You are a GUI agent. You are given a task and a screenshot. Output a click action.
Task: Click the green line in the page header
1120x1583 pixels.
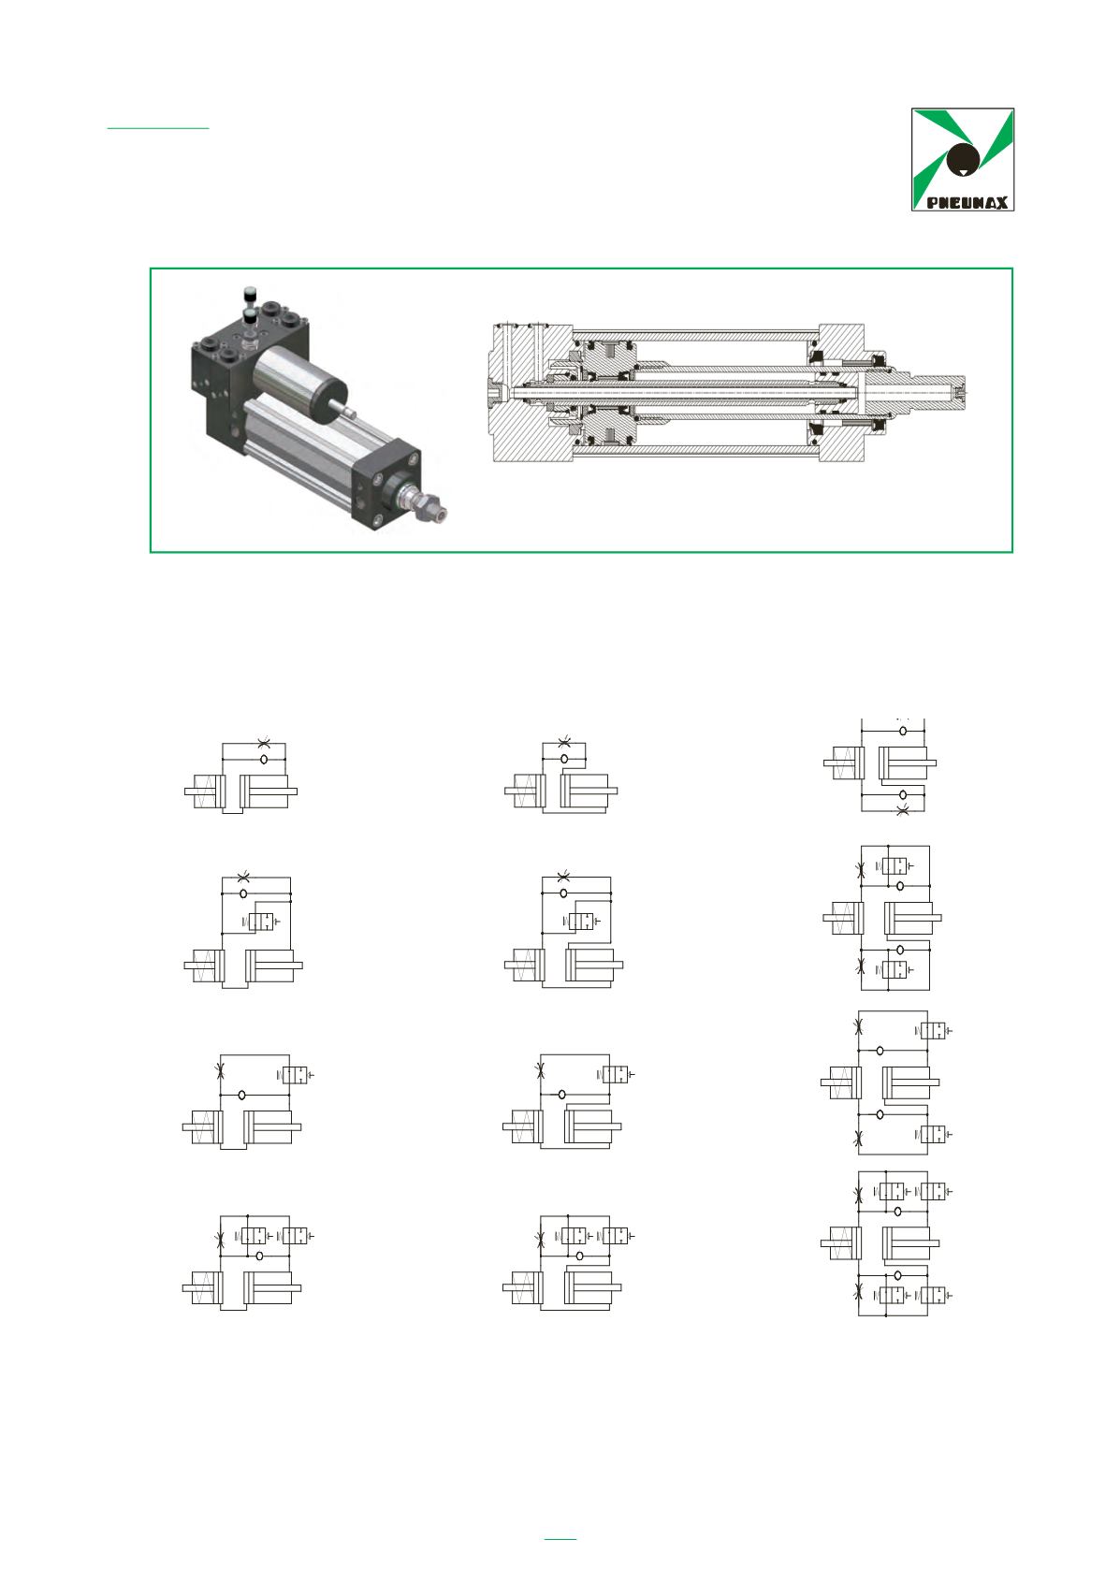[x=158, y=128]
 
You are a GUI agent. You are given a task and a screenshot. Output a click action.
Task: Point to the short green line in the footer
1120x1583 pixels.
[x=560, y=1538]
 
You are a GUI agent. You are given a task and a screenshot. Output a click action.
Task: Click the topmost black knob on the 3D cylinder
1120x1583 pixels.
[x=249, y=293]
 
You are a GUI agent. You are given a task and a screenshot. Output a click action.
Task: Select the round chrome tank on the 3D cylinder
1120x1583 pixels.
[x=298, y=387]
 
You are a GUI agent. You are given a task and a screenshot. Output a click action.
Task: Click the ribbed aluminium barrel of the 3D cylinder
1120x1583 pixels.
[x=304, y=438]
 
